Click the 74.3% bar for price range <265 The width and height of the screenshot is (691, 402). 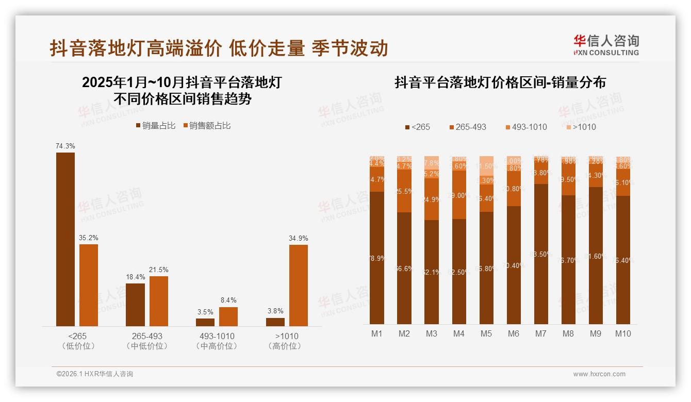(x=65, y=239)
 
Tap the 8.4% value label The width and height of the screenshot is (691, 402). (x=228, y=300)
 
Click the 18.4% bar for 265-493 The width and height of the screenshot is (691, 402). (x=135, y=305)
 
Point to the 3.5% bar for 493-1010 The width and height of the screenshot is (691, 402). (x=205, y=322)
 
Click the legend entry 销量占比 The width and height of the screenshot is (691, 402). (x=155, y=126)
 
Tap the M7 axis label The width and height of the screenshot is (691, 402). (x=540, y=333)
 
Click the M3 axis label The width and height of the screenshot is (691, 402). (x=431, y=333)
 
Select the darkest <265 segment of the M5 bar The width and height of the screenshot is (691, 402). (x=486, y=268)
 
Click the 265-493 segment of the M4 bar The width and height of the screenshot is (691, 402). (x=458, y=195)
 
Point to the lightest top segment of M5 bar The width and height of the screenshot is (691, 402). (x=486, y=163)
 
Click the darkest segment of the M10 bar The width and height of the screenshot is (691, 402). (x=623, y=260)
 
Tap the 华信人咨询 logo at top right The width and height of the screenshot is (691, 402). (x=606, y=45)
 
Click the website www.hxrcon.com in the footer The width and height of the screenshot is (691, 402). (x=599, y=374)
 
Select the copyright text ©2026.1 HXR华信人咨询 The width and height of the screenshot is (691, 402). (x=94, y=374)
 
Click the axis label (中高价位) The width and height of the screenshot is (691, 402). (x=217, y=346)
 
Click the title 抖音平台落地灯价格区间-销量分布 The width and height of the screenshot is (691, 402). (x=500, y=82)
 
